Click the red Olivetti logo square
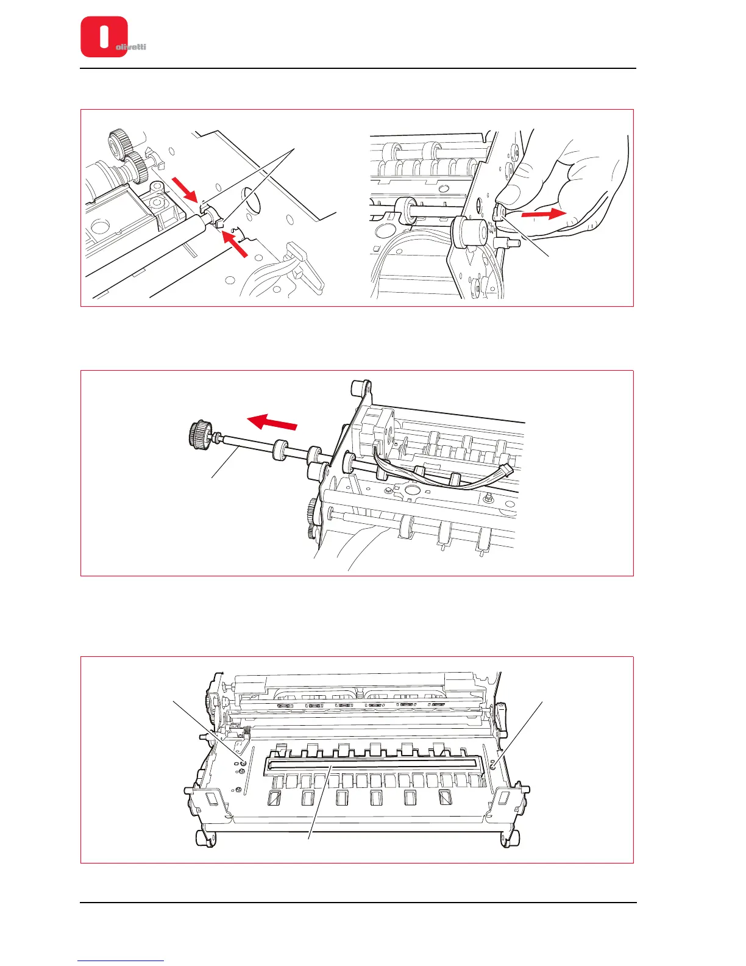[104, 37]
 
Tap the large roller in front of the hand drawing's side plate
[472, 232]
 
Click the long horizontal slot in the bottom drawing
[371, 763]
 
